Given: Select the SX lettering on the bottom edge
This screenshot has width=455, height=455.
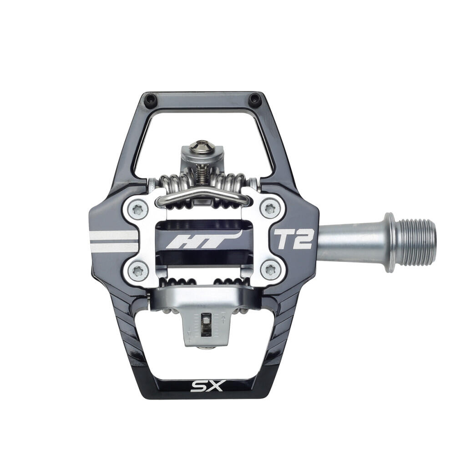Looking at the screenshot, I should tap(207, 386).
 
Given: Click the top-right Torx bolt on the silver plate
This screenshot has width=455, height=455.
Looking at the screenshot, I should tap(269, 208).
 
